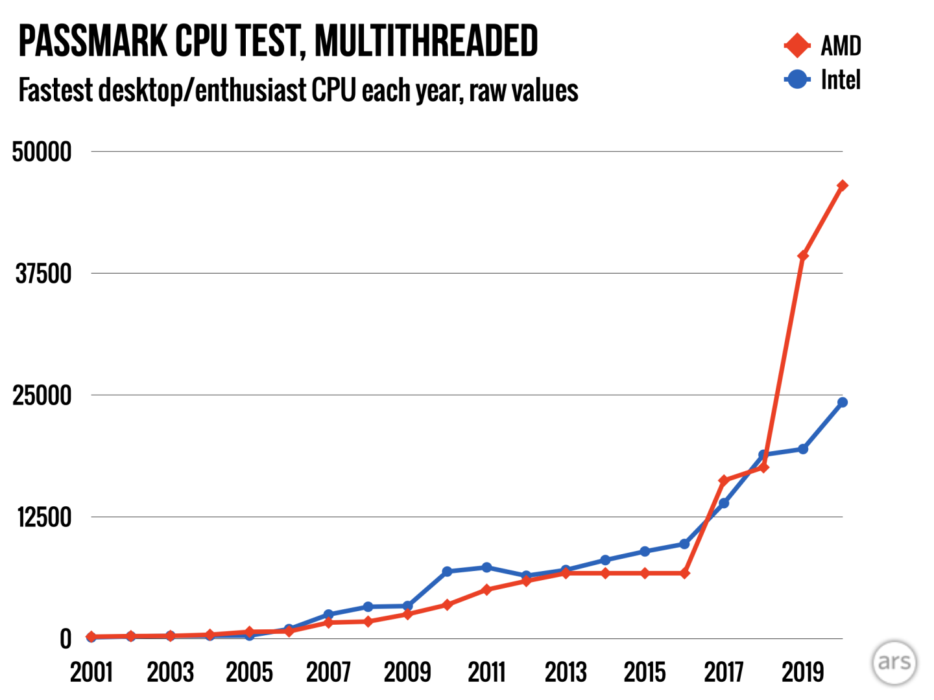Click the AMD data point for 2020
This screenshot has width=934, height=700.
coord(842,186)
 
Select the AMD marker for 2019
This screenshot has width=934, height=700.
coord(803,255)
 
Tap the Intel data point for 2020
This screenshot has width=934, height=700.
coord(842,402)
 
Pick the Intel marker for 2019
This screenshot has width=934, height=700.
coord(803,449)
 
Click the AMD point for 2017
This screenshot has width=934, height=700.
coord(724,480)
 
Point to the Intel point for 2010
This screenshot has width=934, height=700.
coord(447,571)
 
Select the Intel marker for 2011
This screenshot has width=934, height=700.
coord(486,567)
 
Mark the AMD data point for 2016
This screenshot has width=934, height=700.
coord(684,573)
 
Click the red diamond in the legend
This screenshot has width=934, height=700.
coord(797,45)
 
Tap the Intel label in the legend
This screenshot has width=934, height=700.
coord(841,80)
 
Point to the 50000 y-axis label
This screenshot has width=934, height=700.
coord(42,152)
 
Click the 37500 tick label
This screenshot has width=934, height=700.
coord(43,274)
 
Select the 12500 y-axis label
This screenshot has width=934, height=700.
coord(44,517)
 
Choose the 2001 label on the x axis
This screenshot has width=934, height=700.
coord(91,672)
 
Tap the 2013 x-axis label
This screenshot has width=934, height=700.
coord(566,672)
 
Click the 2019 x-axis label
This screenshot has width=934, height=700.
coord(803,672)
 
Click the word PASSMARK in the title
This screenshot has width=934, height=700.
coord(93,41)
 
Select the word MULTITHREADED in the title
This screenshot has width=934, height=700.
coord(426,41)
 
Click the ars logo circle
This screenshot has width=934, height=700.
coord(894,662)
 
